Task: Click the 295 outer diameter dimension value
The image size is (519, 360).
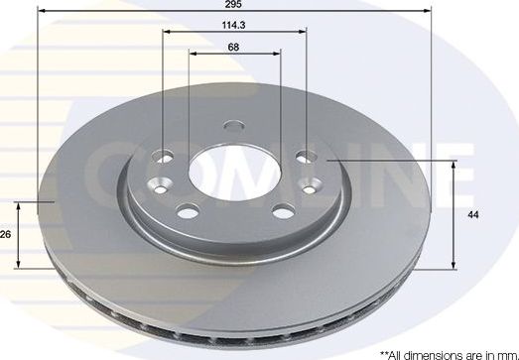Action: point(234,6)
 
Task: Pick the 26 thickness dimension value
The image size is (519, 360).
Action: point(7,235)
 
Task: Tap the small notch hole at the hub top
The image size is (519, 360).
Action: point(233,126)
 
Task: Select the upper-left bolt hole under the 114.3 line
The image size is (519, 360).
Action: point(165,154)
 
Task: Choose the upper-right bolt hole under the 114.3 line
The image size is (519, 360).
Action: point(306,155)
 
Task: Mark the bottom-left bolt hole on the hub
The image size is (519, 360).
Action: point(186,209)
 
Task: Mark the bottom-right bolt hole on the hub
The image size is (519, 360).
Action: point(283,209)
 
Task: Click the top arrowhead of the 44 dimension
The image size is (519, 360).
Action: point(454,162)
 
